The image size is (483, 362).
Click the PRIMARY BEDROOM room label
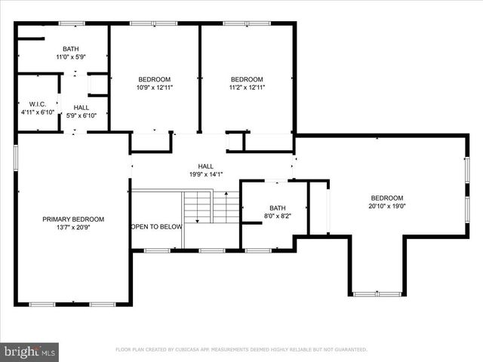72,219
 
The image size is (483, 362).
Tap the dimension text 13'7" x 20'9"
72,227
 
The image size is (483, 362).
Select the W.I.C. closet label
38,104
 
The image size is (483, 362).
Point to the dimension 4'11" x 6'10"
38,112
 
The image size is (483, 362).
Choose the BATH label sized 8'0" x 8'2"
277,208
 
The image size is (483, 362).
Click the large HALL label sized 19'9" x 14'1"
205,166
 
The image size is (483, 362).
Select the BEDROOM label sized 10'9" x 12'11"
154,79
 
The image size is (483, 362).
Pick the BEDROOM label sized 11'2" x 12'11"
246,79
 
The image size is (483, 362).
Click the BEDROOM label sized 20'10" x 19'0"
386,198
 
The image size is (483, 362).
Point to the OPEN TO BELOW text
157,226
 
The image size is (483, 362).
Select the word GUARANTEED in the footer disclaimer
348,350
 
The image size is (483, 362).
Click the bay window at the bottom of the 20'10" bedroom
375,293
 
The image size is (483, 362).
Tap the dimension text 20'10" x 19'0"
386,206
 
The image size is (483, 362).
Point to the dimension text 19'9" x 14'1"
205,174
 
